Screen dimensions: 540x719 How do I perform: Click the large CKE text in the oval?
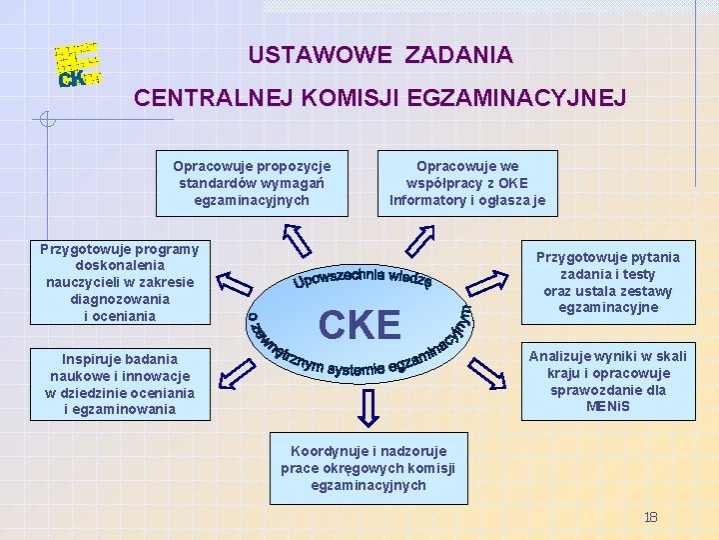(359, 324)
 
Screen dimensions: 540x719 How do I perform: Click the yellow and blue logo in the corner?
(77, 65)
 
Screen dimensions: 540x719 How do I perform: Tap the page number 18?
(650, 517)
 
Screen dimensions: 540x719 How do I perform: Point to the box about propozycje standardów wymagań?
(252, 183)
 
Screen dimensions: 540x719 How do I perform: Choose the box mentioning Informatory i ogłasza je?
(467, 183)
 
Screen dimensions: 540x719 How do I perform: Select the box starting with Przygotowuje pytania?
(607, 281)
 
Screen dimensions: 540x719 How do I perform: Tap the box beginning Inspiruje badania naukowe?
(120, 383)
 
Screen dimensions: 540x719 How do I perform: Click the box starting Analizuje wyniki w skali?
(607, 383)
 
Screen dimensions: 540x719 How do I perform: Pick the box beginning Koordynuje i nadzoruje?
(367, 468)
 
